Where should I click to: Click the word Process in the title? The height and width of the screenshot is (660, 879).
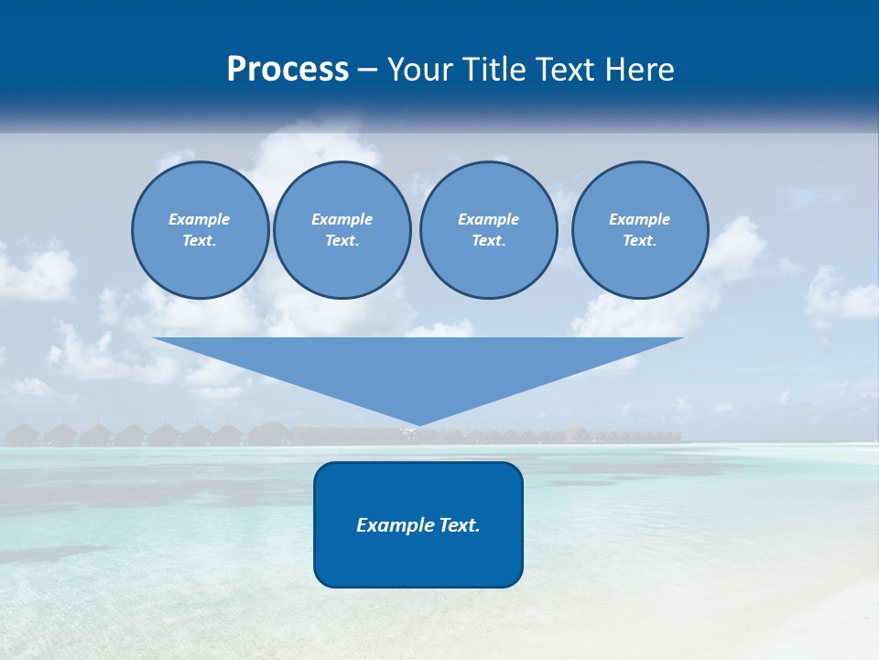coord(288,70)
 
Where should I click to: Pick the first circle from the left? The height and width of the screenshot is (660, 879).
coord(200,230)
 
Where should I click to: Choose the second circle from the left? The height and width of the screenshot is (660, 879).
coord(342,230)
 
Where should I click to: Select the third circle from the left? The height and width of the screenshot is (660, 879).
coord(488,230)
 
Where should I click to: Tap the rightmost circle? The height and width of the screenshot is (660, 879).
coord(640,230)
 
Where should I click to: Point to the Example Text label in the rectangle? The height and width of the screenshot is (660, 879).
coord(418,525)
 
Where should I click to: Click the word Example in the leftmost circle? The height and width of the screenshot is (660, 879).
coord(200,219)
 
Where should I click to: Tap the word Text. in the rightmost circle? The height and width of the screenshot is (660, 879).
coord(640,241)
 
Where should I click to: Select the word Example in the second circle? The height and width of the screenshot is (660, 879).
coord(342,219)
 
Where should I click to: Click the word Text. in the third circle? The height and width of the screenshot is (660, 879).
coord(488,241)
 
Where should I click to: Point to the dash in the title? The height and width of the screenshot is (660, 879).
coord(368,71)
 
